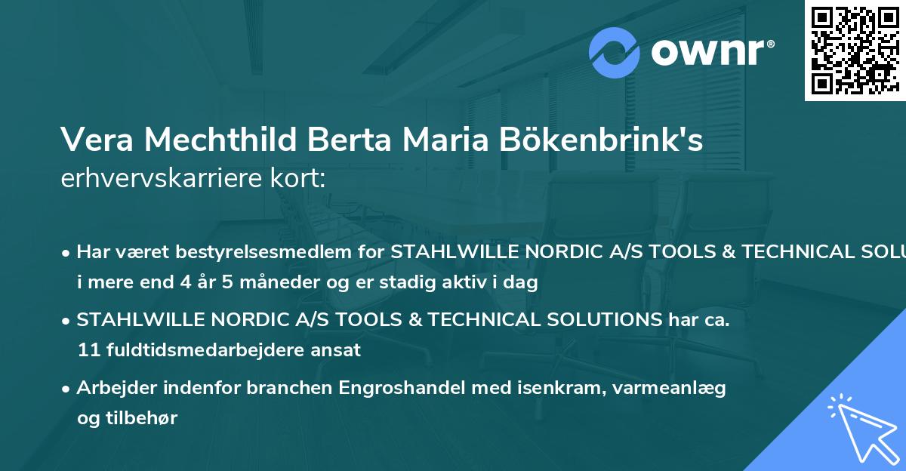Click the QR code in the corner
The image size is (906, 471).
pyautogui.click(x=855, y=51)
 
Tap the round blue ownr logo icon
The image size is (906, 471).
pyautogui.click(x=615, y=52)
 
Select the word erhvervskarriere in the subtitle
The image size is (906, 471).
pyautogui.click(x=165, y=179)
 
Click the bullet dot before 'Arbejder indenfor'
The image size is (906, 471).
pyautogui.click(x=67, y=389)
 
